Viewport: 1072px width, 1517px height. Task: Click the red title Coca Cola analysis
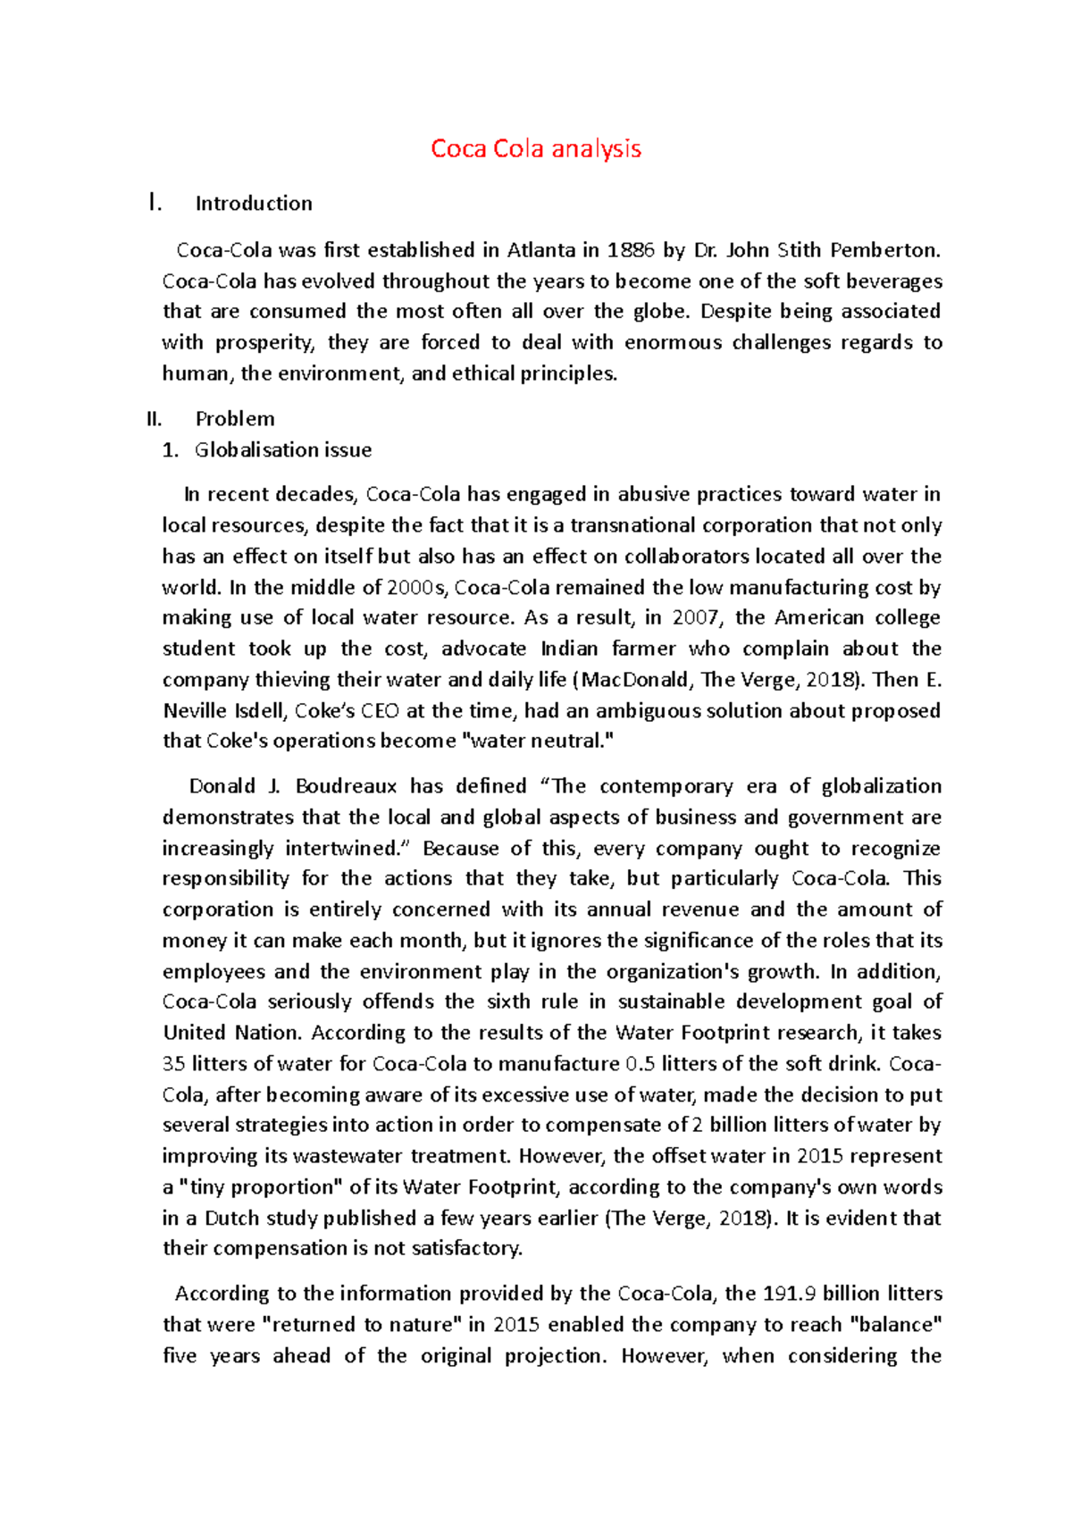535,148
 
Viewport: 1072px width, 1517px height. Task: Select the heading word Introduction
254,204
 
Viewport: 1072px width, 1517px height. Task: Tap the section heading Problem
235,419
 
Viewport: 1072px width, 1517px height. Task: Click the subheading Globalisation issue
283,450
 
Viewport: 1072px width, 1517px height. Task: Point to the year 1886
631,250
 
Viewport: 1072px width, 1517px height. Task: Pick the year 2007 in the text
694,618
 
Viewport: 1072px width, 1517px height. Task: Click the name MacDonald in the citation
637,680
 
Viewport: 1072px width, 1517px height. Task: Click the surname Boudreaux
346,786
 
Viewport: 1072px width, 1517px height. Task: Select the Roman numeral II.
154,419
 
